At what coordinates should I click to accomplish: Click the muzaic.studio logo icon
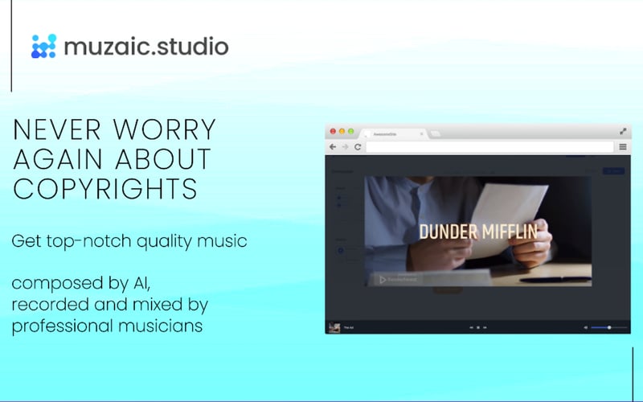(43, 46)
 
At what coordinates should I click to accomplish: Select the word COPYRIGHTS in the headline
(105, 188)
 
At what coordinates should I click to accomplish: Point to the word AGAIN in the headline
(65, 159)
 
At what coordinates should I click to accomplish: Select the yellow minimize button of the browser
(341, 131)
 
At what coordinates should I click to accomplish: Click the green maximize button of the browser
(350, 131)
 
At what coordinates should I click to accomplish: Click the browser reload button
(358, 147)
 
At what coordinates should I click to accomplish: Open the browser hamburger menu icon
(623, 147)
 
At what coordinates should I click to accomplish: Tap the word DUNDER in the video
(448, 232)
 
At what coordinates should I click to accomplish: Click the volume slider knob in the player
(609, 327)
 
